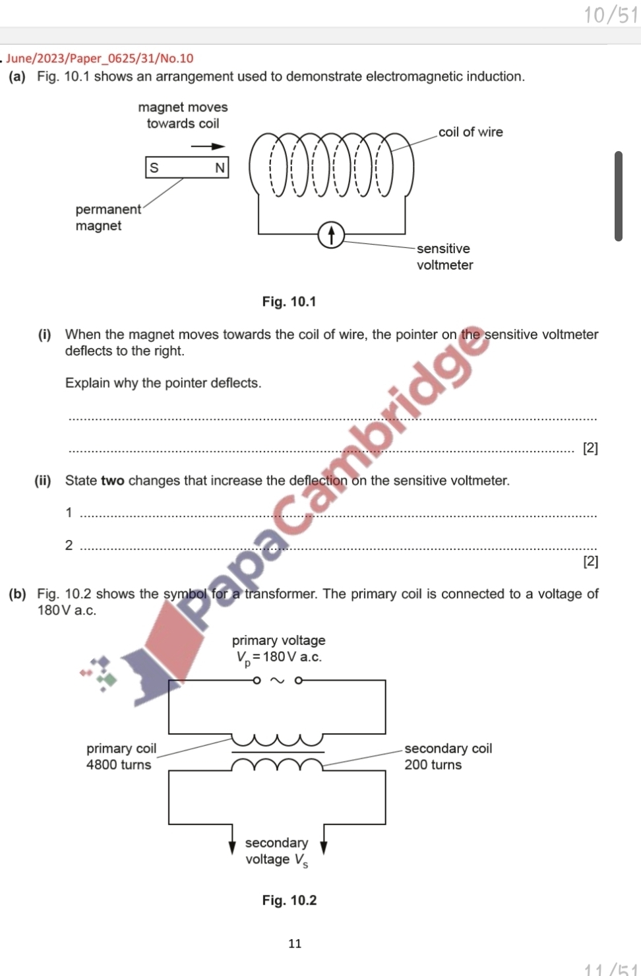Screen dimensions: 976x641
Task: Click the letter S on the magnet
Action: [x=154, y=168]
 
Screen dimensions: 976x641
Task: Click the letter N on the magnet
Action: [x=220, y=168]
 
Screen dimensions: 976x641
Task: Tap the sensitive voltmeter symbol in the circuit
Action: [x=331, y=235]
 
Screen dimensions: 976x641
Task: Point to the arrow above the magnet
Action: [x=208, y=146]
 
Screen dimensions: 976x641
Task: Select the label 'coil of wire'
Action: [x=470, y=132]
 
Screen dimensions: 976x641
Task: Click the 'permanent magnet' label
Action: [x=107, y=217]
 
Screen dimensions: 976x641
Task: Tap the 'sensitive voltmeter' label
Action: [x=444, y=257]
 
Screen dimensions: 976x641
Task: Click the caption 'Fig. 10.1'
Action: [x=289, y=301]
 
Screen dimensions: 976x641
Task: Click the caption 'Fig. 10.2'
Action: [x=289, y=900]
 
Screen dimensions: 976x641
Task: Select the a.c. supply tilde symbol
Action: [x=278, y=681]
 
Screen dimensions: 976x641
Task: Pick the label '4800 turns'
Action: [x=119, y=765]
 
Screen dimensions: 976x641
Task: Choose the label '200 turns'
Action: [x=433, y=765]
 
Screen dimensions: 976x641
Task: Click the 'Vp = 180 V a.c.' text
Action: [x=278, y=657]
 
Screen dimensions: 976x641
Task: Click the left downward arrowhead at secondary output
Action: [x=232, y=847]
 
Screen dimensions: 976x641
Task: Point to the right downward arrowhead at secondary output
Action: [x=323, y=847]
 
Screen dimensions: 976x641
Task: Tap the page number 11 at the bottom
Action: [x=295, y=944]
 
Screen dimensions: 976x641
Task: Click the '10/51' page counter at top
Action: [x=611, y=15]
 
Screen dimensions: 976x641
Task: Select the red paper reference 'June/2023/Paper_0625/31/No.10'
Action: [x=100, y=58]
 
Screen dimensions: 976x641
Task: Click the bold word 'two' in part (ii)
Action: [x=112, y=481]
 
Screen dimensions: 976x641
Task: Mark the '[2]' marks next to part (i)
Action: [x=590, y=448]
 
